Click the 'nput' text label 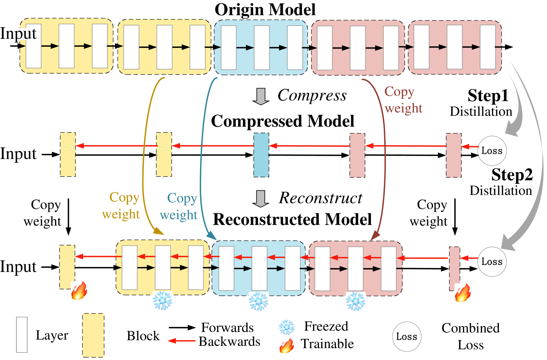point(21,34)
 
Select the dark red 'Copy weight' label point(403,100)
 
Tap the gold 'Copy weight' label point(121,206)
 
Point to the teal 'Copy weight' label point(179,206)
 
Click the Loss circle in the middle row point(492,151)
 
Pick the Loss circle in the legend point(407,336)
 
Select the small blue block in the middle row point(261,155)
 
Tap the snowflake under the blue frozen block point(258,301)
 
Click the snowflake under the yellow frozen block point(162,300)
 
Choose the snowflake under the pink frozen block point(356,301)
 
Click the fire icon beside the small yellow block point(79,290)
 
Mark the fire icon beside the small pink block point(463,293)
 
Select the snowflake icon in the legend point(287,327)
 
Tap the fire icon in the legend point(287,346)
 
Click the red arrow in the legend point(182,341)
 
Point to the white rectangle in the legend point(22,335)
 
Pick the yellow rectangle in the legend point(93,335)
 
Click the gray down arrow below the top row point(261,96)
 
